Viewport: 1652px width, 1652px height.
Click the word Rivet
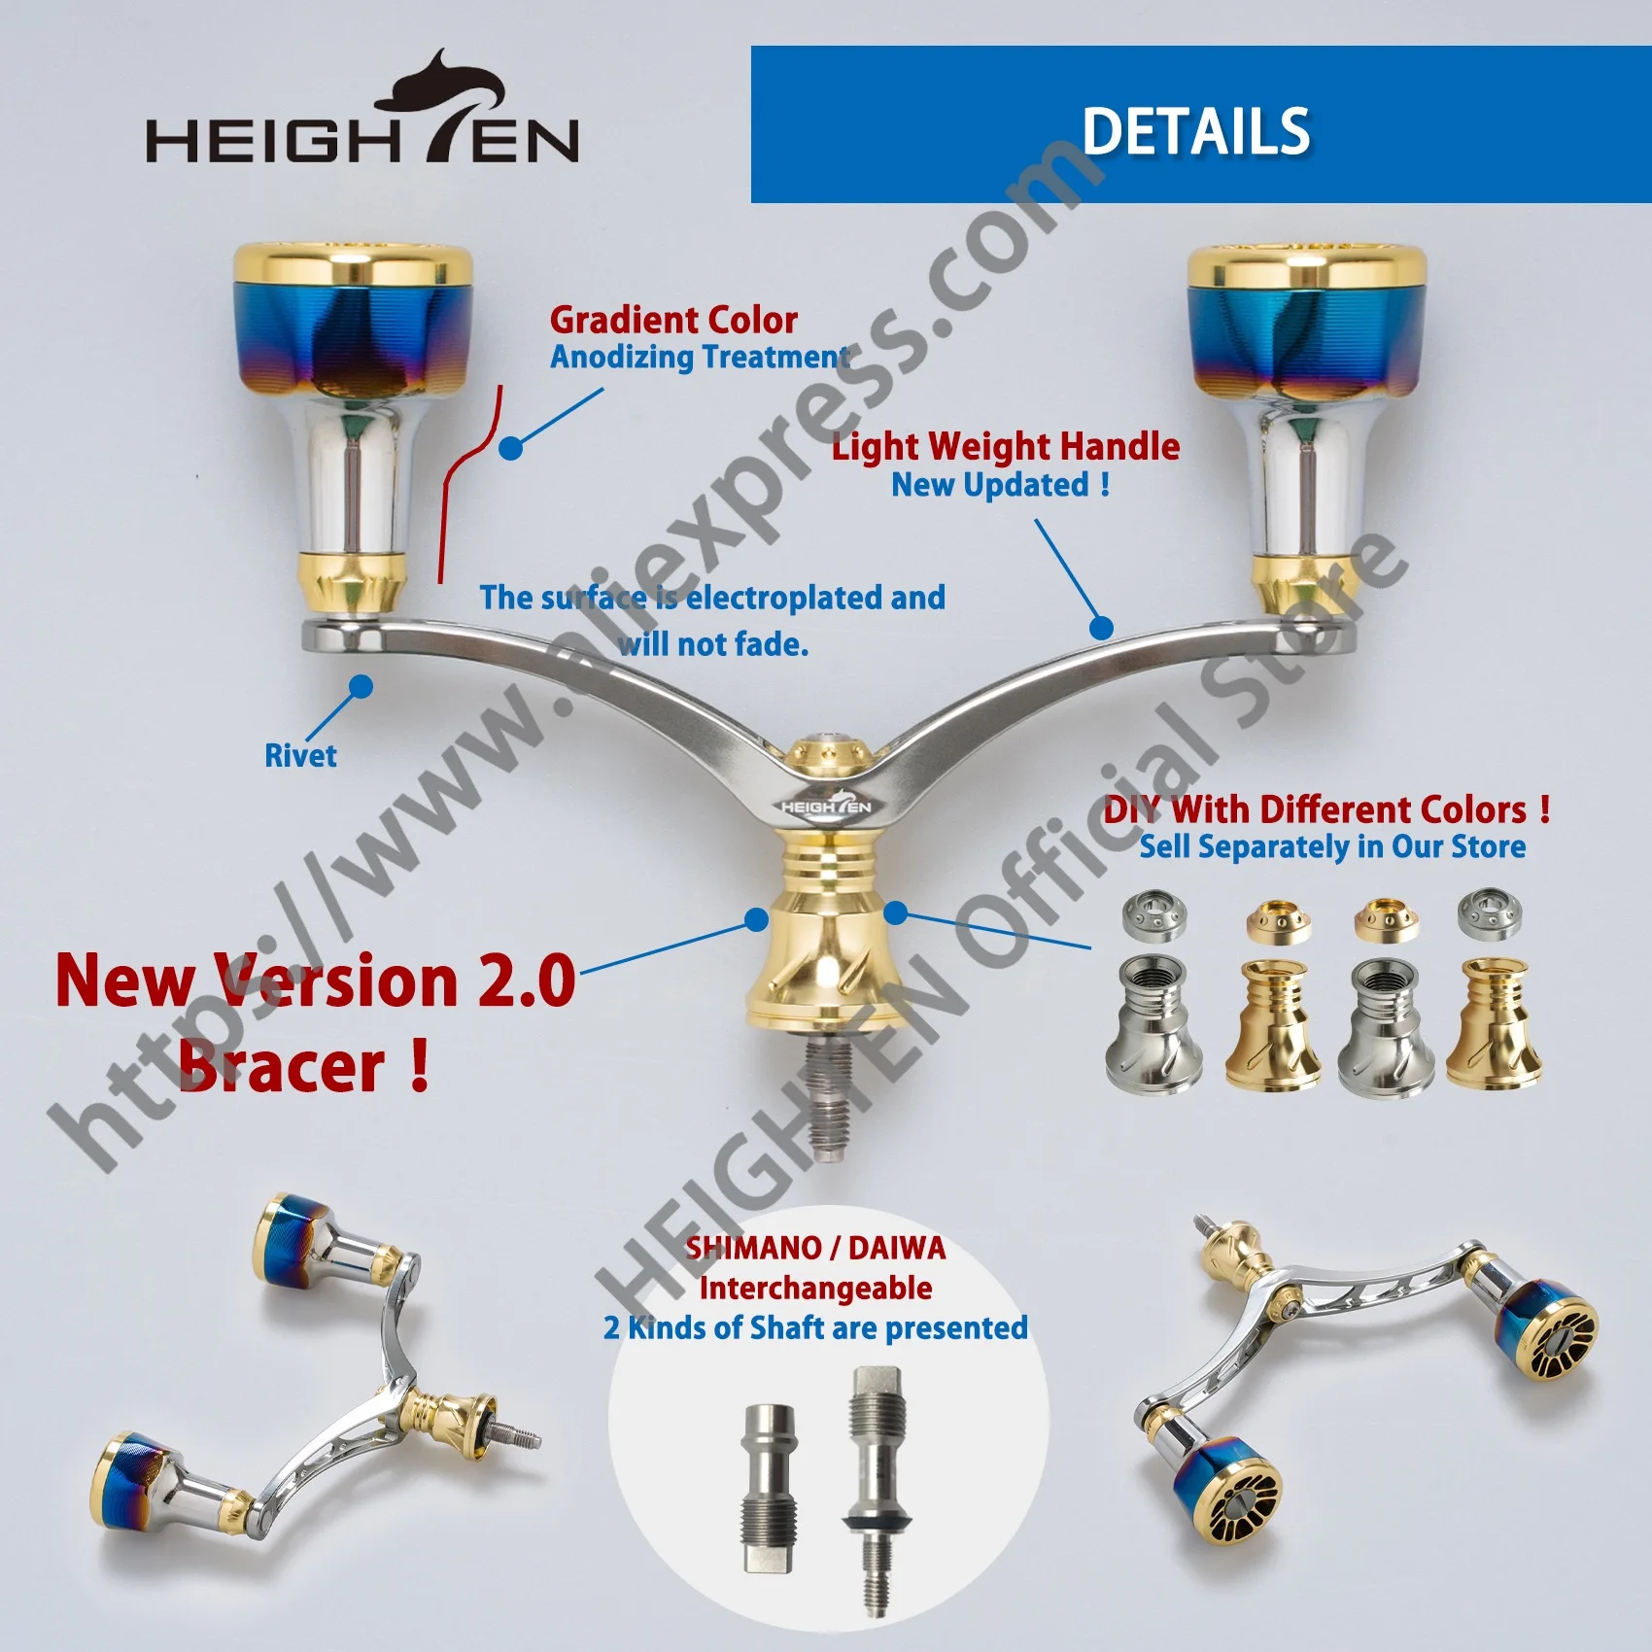point(300,756)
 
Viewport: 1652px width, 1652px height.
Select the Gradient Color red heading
point(673,320)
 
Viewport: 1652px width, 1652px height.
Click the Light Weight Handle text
point(1006,447)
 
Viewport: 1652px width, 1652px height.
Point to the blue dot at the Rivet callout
point(361,686)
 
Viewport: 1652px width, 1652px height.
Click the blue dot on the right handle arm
point(1101,628)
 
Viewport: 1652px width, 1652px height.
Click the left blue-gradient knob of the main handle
point(354,323)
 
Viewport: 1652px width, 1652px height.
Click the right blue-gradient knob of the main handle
point(1308,323)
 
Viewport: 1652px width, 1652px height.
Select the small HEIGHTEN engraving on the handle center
point(826,807)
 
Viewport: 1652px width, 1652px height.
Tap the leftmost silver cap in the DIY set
point(1153,914)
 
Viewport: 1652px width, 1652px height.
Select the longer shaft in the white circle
point(876,1491)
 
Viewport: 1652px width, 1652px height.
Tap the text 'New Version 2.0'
point(316,980)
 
